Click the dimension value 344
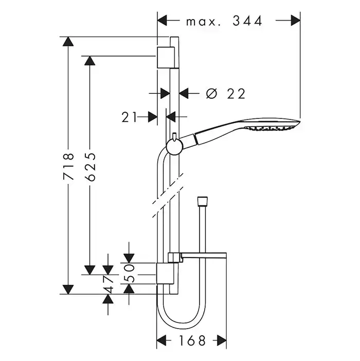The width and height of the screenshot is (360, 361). tap(247, 21)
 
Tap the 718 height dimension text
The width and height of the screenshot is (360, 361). tap(68, 166)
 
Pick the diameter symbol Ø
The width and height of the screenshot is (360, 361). tap(211, 94)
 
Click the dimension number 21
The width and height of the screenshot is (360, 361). tap(130, 117)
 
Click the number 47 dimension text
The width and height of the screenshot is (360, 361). tap(107, 283)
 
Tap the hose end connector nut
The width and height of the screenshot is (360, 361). tap(202, 199)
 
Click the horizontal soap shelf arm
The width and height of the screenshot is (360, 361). tap(201, 256)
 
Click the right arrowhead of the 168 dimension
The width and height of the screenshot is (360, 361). tap(222, 340)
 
